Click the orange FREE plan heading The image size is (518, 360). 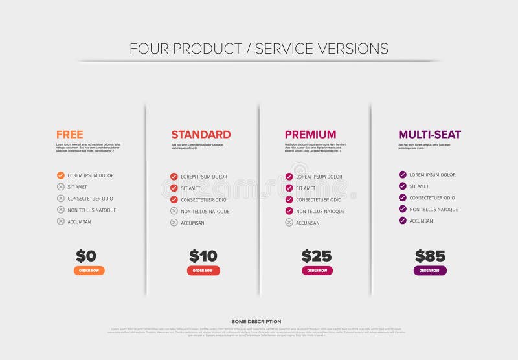pos(69,135)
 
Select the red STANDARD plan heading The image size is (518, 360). pos(201,135)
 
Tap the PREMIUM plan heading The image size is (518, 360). pos(310,135)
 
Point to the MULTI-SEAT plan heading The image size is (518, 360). pos(429,135)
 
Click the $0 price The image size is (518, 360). pos(86,256)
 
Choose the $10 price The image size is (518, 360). pos(203,256)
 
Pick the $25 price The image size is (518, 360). pos(317,256)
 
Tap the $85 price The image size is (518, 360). pos(430,256)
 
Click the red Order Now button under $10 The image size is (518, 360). pos(203,271)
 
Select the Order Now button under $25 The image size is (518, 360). pos(317,271)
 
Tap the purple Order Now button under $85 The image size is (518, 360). pos(430,271)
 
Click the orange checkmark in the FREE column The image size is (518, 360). pos(61,175)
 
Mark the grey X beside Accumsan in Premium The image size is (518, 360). pos(289,223)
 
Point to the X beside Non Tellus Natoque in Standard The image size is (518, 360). pos(174,211)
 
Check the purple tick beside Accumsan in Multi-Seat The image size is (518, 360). pos(403,221)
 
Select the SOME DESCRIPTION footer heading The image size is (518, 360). pos(256,322)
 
